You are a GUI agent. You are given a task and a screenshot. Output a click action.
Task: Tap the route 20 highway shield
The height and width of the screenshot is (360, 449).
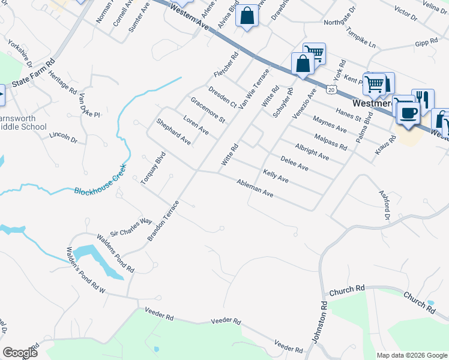click(331, 89)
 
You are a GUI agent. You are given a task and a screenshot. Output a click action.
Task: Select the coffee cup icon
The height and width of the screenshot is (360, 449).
click(409, 113)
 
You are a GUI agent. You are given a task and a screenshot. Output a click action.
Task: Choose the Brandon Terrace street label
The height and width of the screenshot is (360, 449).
click(163, 221)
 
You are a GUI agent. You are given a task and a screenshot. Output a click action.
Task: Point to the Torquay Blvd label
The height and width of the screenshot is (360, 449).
click(152, 168)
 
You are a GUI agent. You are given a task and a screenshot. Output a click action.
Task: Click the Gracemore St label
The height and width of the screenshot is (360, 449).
click(207, 111)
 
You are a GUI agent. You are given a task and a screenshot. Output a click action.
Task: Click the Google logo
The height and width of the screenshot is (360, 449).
click(20, 353)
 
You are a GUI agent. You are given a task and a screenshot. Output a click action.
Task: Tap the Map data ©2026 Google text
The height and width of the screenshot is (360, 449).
click(411, 355)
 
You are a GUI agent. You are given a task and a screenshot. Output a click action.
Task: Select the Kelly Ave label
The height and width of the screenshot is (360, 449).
click(276, 176)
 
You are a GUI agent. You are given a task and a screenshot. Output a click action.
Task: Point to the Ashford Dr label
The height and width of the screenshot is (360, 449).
click(384, 204)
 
